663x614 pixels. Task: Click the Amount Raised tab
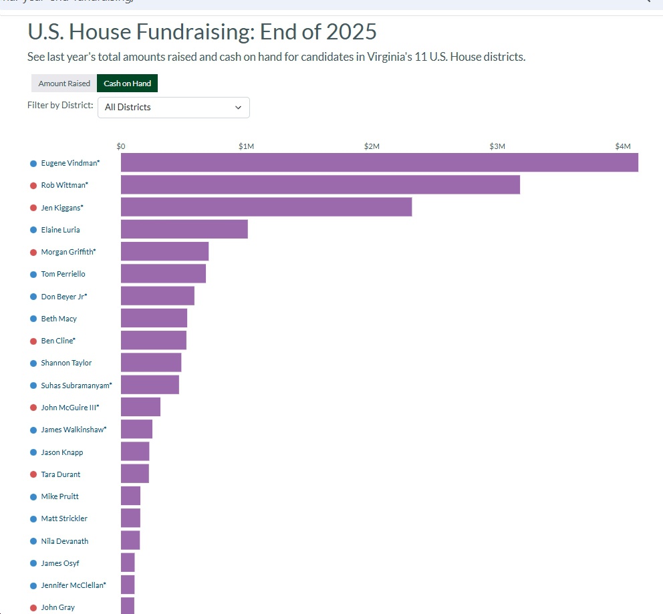64,84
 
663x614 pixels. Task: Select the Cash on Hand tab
127,84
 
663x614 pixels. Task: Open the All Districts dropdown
174,108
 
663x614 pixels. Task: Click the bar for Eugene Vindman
379,163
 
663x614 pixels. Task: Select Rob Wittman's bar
320,185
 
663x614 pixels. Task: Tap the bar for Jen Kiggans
266,208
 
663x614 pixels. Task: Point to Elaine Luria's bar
184,230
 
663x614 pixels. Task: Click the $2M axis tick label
372,146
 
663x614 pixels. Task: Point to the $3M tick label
497,146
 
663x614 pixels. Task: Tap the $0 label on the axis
121,146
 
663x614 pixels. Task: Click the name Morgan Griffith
68,252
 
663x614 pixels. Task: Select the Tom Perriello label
63,274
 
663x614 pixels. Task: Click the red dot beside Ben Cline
33,341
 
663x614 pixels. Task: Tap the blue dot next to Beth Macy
33,319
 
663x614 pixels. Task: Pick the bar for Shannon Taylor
151,363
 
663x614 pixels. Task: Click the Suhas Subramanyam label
76,386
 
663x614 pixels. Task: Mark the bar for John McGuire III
140,407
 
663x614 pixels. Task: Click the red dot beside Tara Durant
33,474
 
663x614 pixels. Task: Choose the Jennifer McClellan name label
73,585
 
